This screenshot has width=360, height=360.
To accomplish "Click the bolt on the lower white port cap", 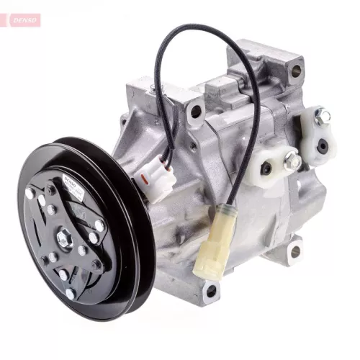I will tap(292, 163).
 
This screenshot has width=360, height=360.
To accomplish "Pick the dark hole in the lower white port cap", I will tap(267, 170).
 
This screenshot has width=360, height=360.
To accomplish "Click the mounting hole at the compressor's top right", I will tap(295, 71).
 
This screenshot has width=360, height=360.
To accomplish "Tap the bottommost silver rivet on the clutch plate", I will tap(70, 293).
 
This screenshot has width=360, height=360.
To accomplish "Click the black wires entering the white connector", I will tap(166, 148).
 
